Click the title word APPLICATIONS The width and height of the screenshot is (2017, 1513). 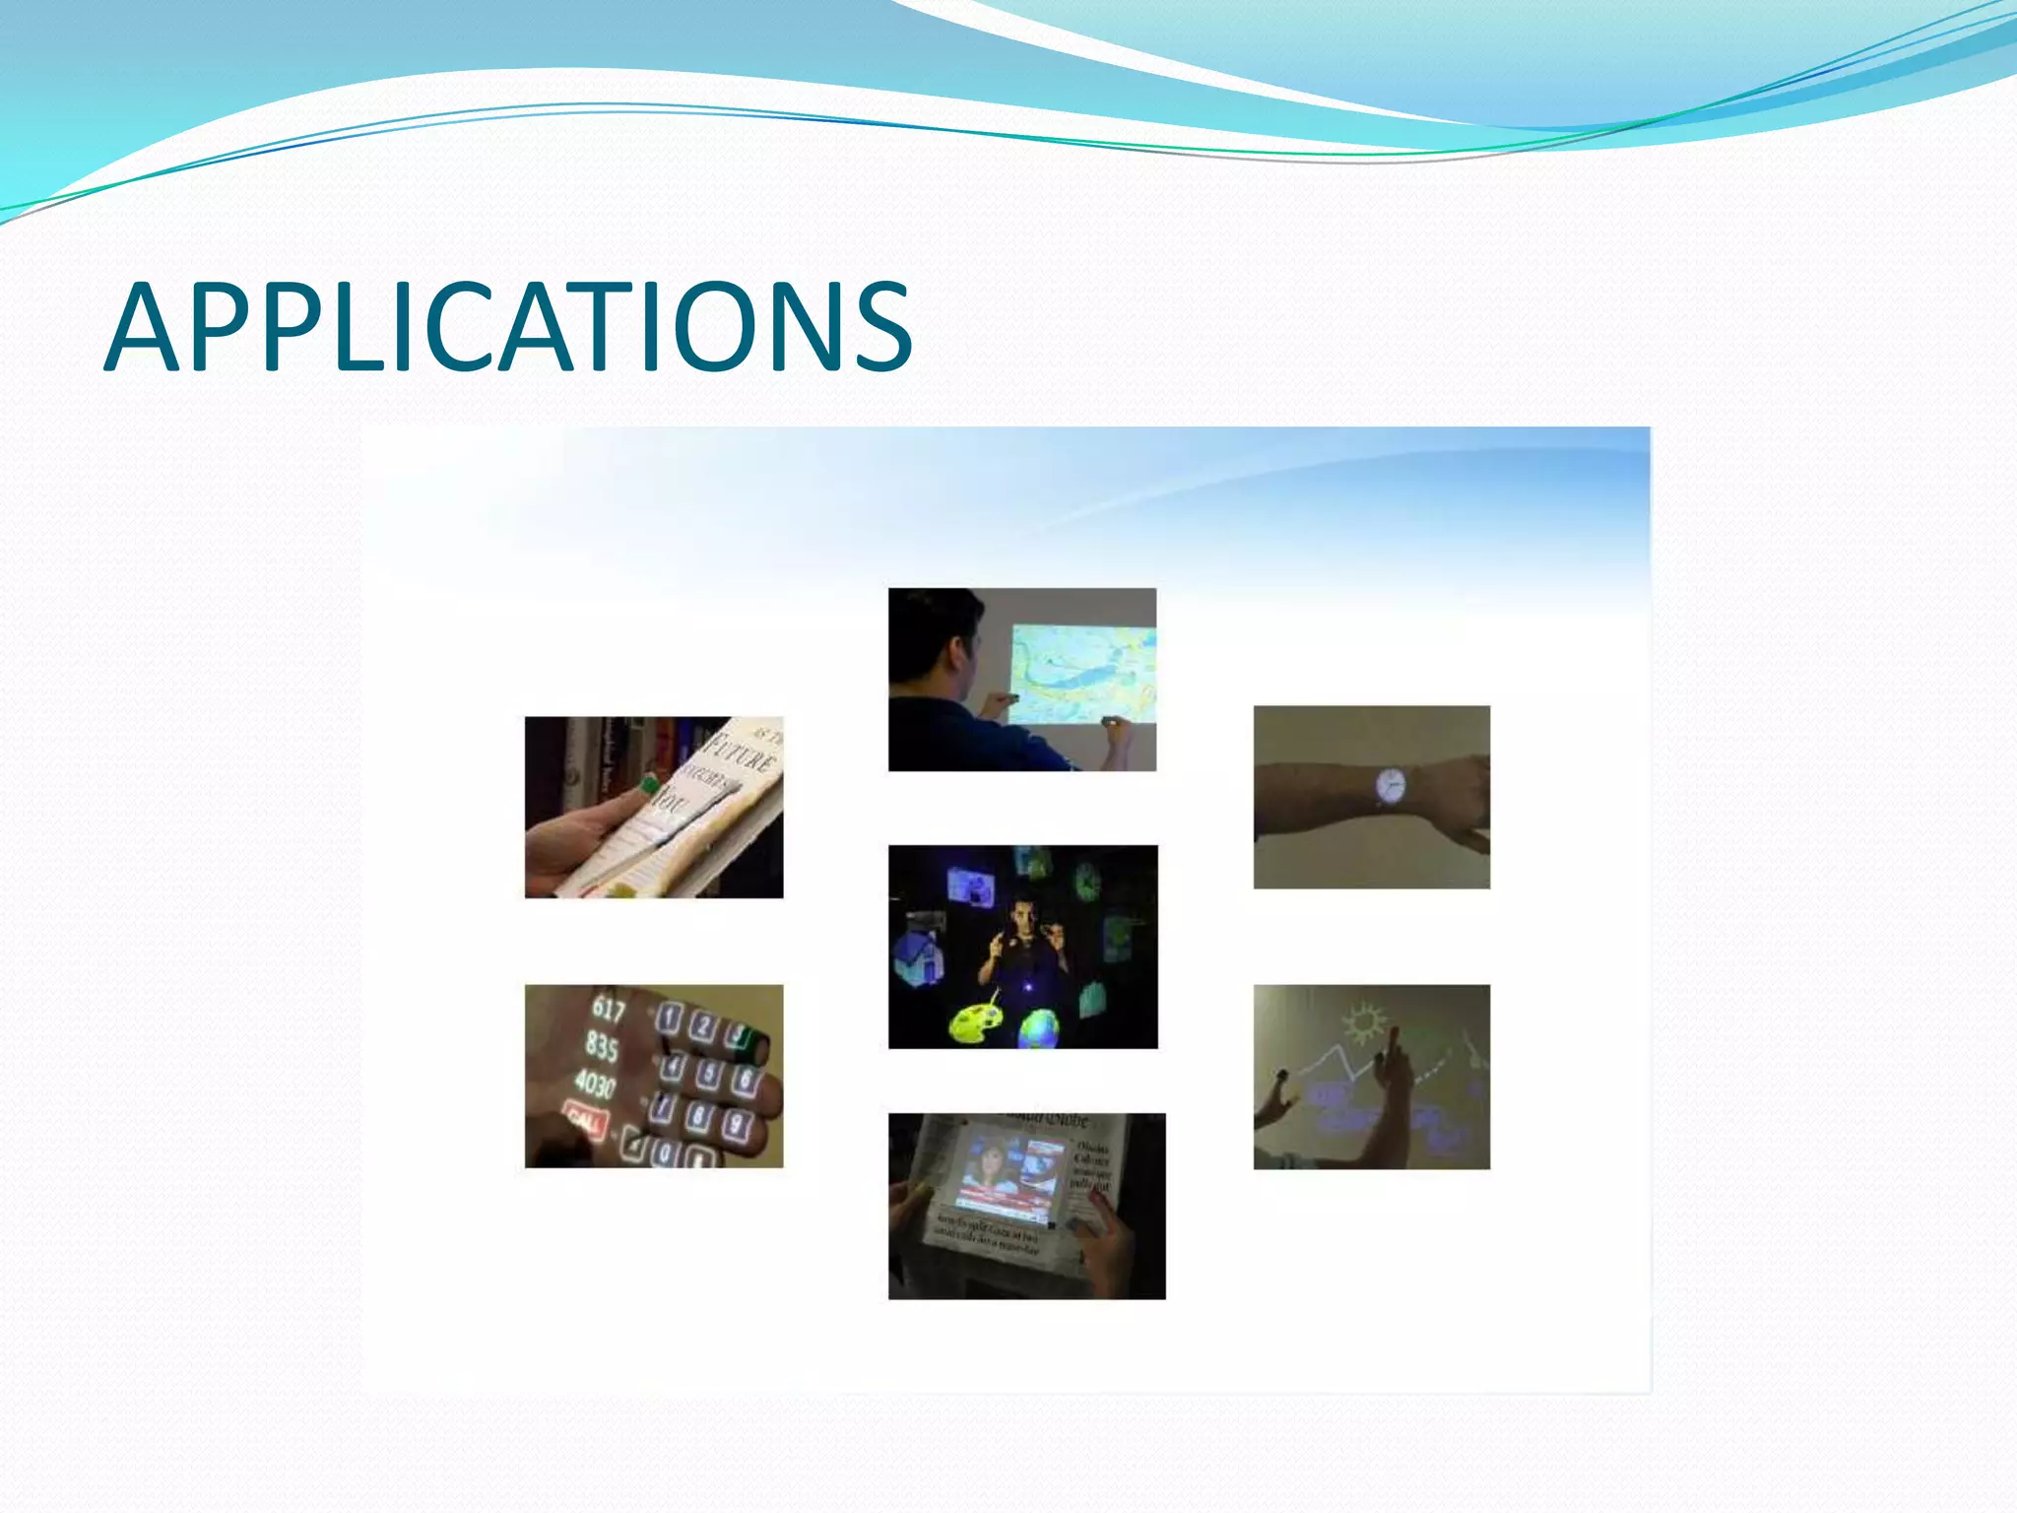(508, 327)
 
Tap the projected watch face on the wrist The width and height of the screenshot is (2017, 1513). (1390, 785)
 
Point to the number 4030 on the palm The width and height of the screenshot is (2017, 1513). (595, 1084)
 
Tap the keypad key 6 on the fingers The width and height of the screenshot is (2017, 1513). (745, 1080)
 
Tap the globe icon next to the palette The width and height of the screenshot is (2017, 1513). (1040, 1028)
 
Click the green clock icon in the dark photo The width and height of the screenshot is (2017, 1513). (1086, 881)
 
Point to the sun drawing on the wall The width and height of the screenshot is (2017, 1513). (1365, 1022)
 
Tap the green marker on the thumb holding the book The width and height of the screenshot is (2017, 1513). (648, 785)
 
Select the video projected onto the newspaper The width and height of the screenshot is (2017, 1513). (1012, 1172)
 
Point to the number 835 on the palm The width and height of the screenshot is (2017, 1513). (602, 1046)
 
